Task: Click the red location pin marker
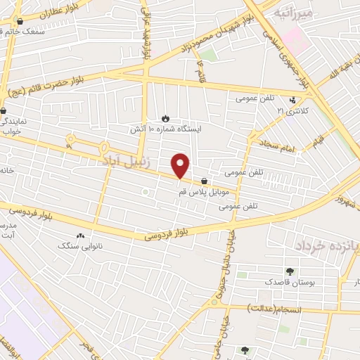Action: point(181,165)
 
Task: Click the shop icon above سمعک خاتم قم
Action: point(19,21)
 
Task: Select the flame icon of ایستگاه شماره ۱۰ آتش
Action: point(166,118)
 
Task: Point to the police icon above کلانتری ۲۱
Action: point(292,101)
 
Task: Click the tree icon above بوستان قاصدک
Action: point(289,271)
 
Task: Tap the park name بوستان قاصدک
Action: point(287,282)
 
